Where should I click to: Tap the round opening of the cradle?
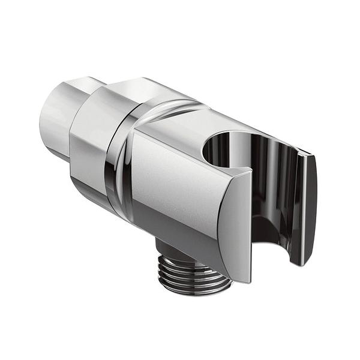(x=221, y=150)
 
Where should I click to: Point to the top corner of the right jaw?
(x=310, y=157)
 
